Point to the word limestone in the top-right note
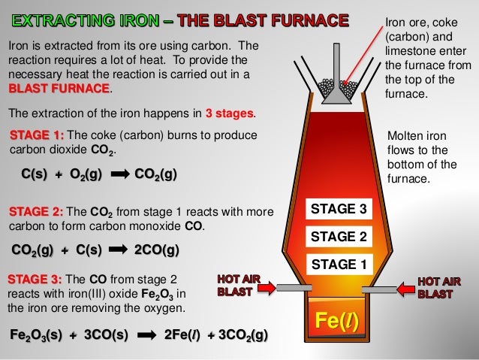pyautogui.click(x=410, y=52)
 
